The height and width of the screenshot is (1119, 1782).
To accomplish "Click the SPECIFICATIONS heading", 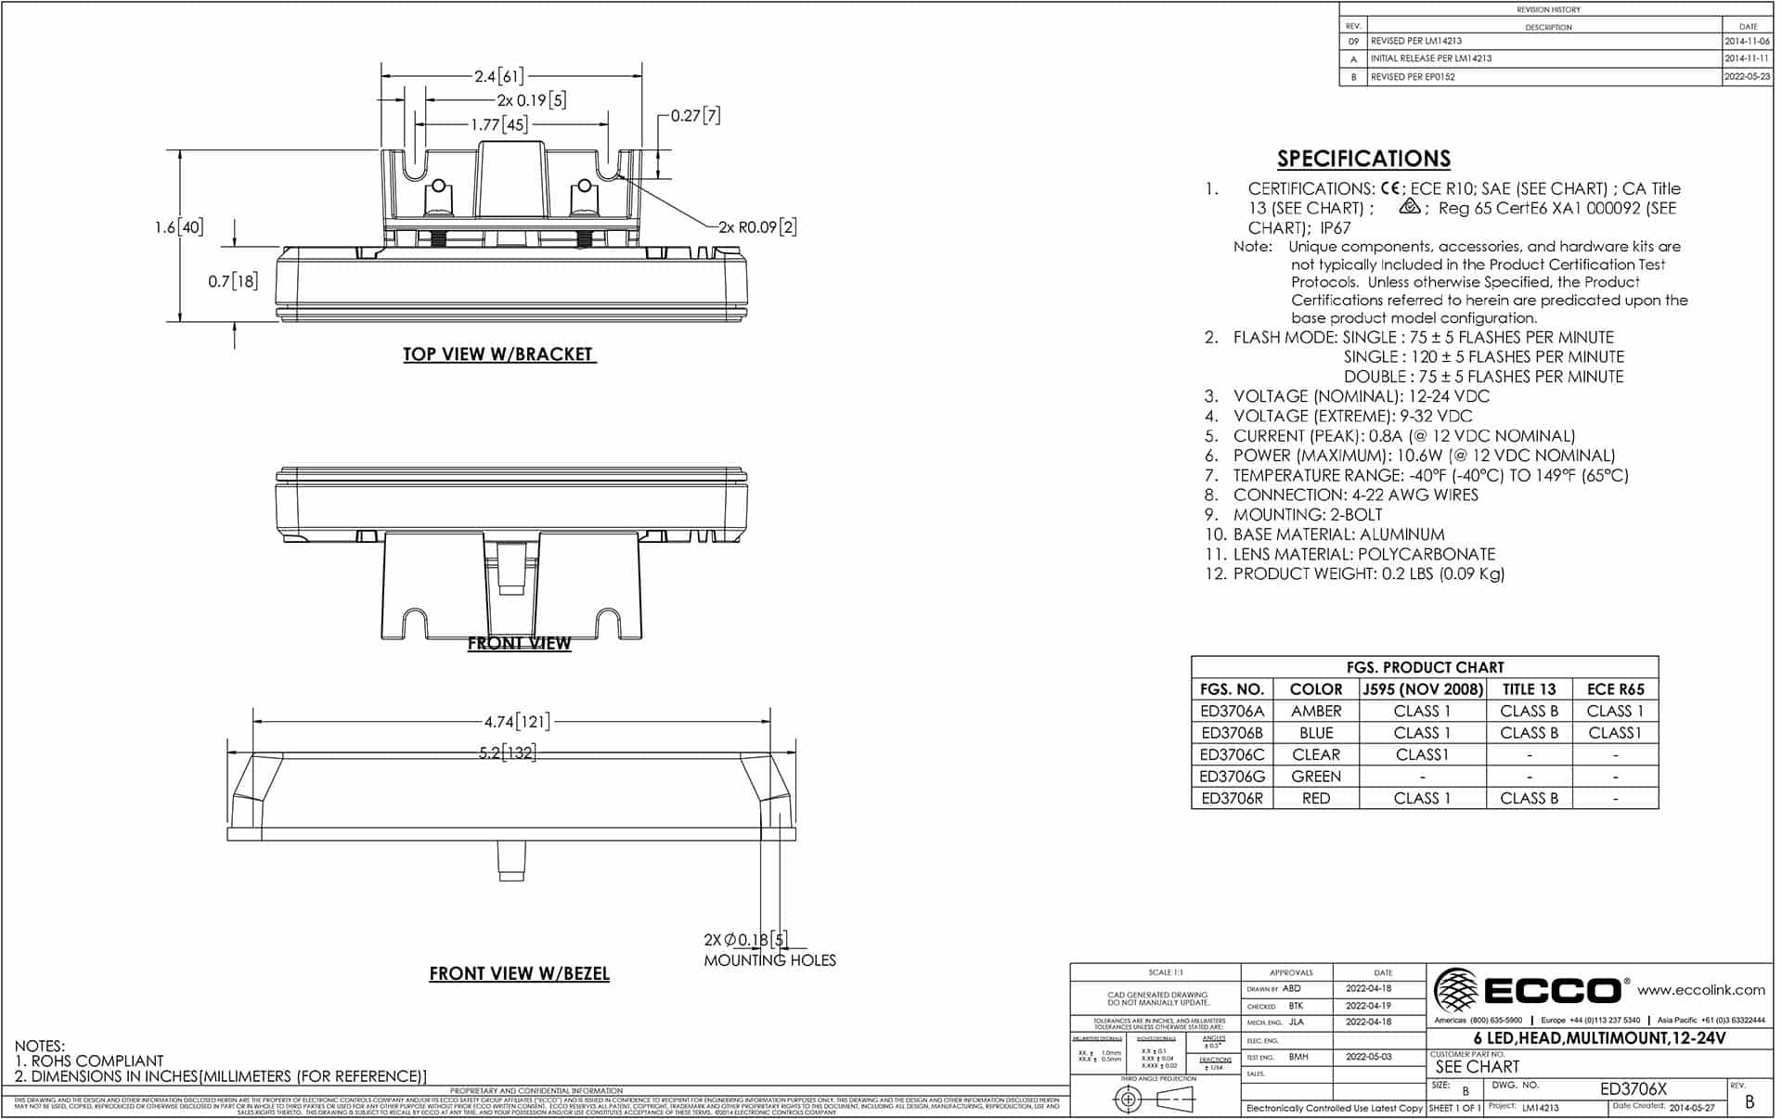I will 1362,159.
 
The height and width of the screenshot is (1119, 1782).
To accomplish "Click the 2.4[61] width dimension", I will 499,76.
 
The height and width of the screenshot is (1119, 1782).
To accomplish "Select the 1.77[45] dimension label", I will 499,124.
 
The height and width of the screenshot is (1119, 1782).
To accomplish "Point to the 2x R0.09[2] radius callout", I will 756,226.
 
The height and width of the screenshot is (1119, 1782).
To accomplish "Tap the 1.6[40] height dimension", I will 178,227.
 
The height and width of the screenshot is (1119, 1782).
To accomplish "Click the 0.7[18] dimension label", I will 232,280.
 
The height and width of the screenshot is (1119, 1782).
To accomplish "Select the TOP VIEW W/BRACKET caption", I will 497,354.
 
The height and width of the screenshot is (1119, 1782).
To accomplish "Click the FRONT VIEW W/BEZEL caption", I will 519,973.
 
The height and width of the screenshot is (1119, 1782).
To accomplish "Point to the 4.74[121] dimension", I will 516,721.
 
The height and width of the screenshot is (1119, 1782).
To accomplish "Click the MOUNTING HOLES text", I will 769,960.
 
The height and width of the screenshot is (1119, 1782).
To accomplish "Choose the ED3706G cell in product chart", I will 1232,777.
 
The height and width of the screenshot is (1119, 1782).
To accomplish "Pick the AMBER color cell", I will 1315,711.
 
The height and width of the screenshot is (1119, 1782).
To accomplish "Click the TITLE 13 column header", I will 1528,688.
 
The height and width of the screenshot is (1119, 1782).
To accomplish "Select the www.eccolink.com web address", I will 1700,990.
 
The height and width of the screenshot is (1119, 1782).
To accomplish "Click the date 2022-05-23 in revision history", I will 1747,77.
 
